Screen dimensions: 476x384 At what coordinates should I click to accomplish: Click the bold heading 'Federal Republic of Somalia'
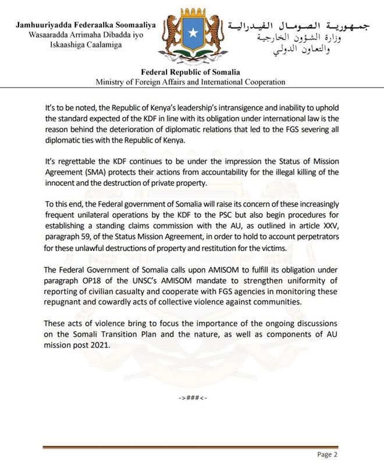coord(191,72)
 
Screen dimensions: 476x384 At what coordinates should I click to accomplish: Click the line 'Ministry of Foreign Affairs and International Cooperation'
coord(191,82)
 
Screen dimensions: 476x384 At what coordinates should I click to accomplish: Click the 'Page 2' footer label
coord(326,454)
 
